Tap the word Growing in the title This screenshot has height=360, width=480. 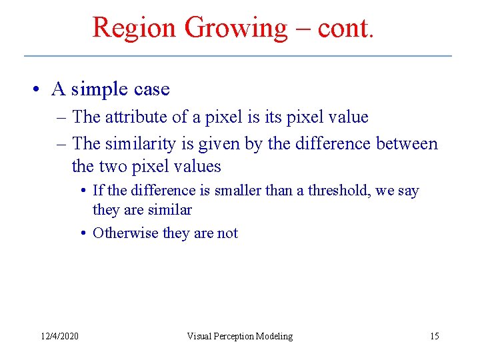pyautogui.click(x=235, y=28)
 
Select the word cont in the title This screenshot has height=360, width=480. pyautogui.click(x=342, y=28)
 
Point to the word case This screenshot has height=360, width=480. pyautogui.click(x=151, y=89)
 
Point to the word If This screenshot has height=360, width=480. pyautogui.click(x=99, y=191)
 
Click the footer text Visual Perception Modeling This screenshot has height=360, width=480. pyautogui.click(x=239, y=336)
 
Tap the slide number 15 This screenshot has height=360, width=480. pyautogui.click(x=434, y=336)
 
